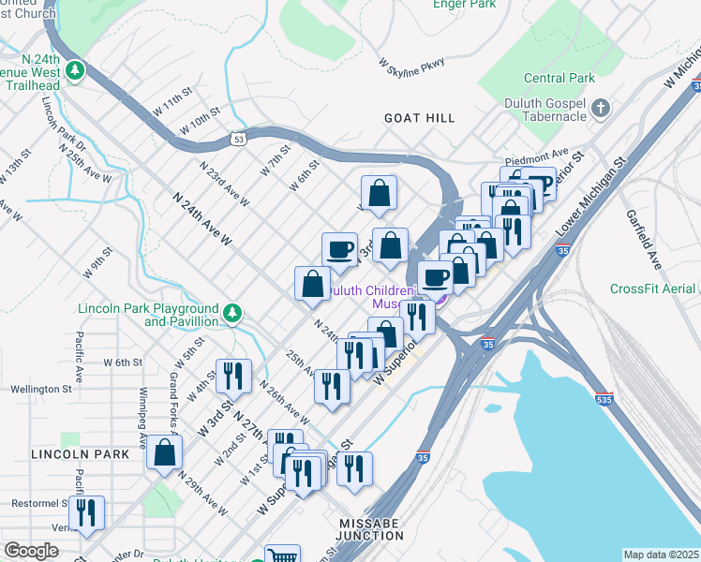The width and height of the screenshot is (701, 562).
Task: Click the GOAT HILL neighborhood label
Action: (419, 118)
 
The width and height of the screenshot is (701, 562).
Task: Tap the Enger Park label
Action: (463, 4)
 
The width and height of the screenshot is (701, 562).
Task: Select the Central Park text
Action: (559, 78)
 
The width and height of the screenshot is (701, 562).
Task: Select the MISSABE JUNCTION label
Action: (372, 527)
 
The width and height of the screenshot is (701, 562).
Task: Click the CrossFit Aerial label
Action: (654, 288)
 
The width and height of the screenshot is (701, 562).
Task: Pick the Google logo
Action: (31, 551)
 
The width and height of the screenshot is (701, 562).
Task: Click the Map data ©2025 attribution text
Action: (661, 555)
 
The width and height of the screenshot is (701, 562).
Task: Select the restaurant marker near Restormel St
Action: (86, 513)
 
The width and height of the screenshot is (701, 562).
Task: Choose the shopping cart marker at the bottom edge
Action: (281, 555)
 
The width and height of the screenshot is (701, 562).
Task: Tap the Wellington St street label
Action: (40, 389)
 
